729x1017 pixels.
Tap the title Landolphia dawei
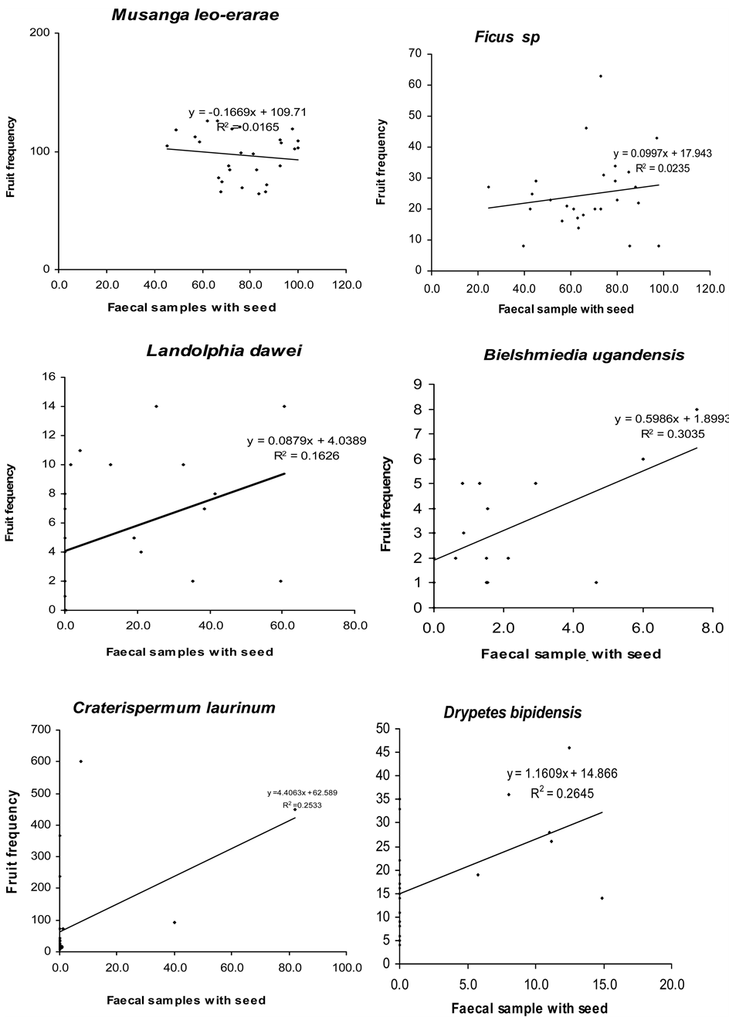224,351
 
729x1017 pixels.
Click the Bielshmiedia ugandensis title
584,355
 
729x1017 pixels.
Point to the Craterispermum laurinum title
174,708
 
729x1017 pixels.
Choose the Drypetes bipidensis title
512,713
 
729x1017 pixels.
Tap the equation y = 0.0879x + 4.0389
307,441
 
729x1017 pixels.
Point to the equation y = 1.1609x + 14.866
562,773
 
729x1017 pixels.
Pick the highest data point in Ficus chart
600,76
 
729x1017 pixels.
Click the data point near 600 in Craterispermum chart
80,761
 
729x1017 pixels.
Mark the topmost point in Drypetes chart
569,747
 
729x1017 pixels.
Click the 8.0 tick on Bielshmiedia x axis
710,624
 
